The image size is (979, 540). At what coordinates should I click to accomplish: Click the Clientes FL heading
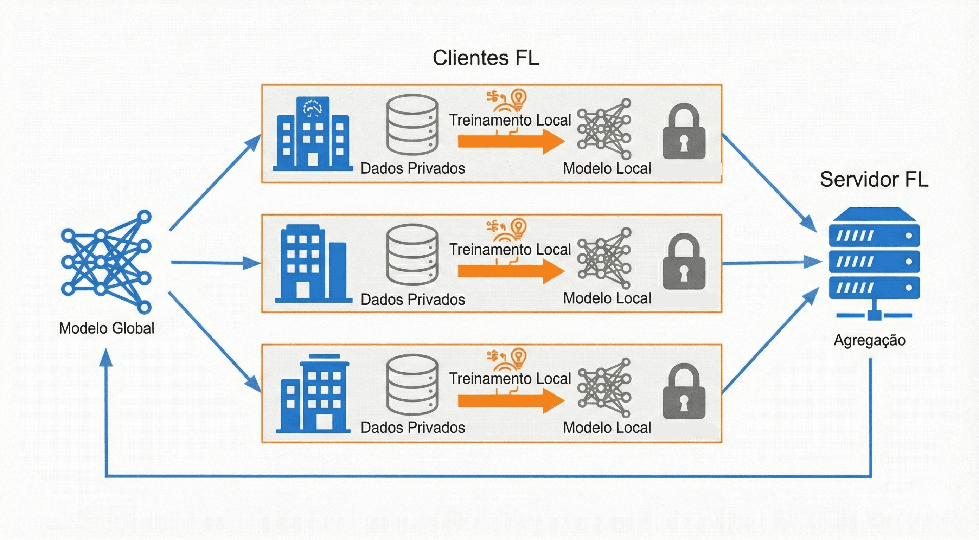[486, 58]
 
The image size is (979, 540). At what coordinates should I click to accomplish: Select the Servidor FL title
[874, 179]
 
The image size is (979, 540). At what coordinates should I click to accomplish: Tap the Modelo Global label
[107, 328]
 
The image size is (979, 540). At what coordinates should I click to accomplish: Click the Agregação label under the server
[870, 340]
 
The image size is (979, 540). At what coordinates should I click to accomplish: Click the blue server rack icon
[874, 258]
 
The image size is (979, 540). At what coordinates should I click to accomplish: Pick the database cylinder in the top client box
[412, 125]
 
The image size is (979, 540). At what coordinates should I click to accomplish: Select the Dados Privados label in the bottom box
[413, 427]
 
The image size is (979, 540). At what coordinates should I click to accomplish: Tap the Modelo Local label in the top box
[607, 168]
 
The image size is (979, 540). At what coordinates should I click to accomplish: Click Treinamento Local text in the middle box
[510, 250]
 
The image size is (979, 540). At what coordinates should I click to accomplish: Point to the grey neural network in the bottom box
[604, 388]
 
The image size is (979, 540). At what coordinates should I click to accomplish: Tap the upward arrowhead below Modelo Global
[106, 358]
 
